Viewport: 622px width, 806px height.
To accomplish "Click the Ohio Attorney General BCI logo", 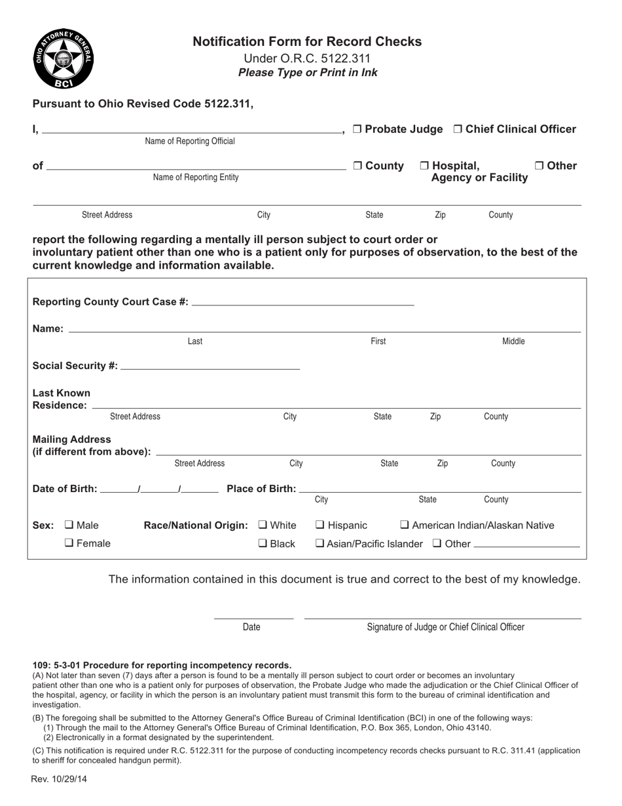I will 63,59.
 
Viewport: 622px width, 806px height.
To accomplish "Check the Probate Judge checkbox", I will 357,129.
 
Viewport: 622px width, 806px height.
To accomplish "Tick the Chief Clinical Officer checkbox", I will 458,129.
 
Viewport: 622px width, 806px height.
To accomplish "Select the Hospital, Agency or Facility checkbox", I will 424,166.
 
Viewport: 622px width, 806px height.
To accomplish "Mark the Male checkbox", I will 69,525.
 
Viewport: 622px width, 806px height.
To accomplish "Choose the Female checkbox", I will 69,543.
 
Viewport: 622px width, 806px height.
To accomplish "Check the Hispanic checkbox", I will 320,525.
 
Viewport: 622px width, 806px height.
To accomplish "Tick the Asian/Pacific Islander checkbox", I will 320,543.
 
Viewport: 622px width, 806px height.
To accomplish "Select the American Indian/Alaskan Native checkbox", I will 405,525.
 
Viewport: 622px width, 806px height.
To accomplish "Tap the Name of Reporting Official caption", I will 189,142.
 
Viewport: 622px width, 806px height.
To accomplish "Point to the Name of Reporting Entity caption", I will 195,178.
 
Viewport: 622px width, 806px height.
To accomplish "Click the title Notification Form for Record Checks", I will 307,42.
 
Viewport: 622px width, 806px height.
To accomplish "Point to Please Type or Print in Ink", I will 307,73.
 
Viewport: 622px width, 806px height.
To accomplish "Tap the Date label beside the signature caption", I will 251,627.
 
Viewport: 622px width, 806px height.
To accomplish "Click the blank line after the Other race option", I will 526,544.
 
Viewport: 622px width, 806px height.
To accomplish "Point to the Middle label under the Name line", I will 513,341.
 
